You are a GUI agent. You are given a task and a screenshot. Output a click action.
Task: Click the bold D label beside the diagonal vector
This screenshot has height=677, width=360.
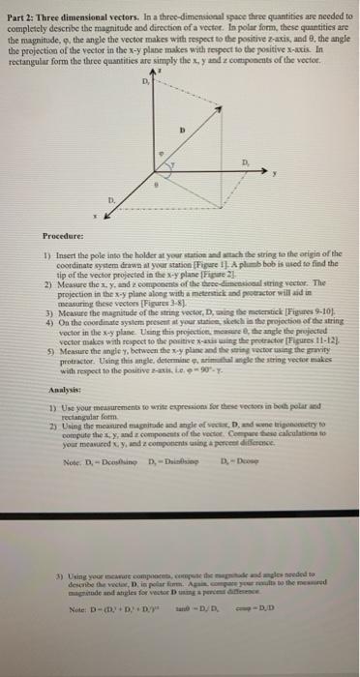[x=206, y=125]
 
